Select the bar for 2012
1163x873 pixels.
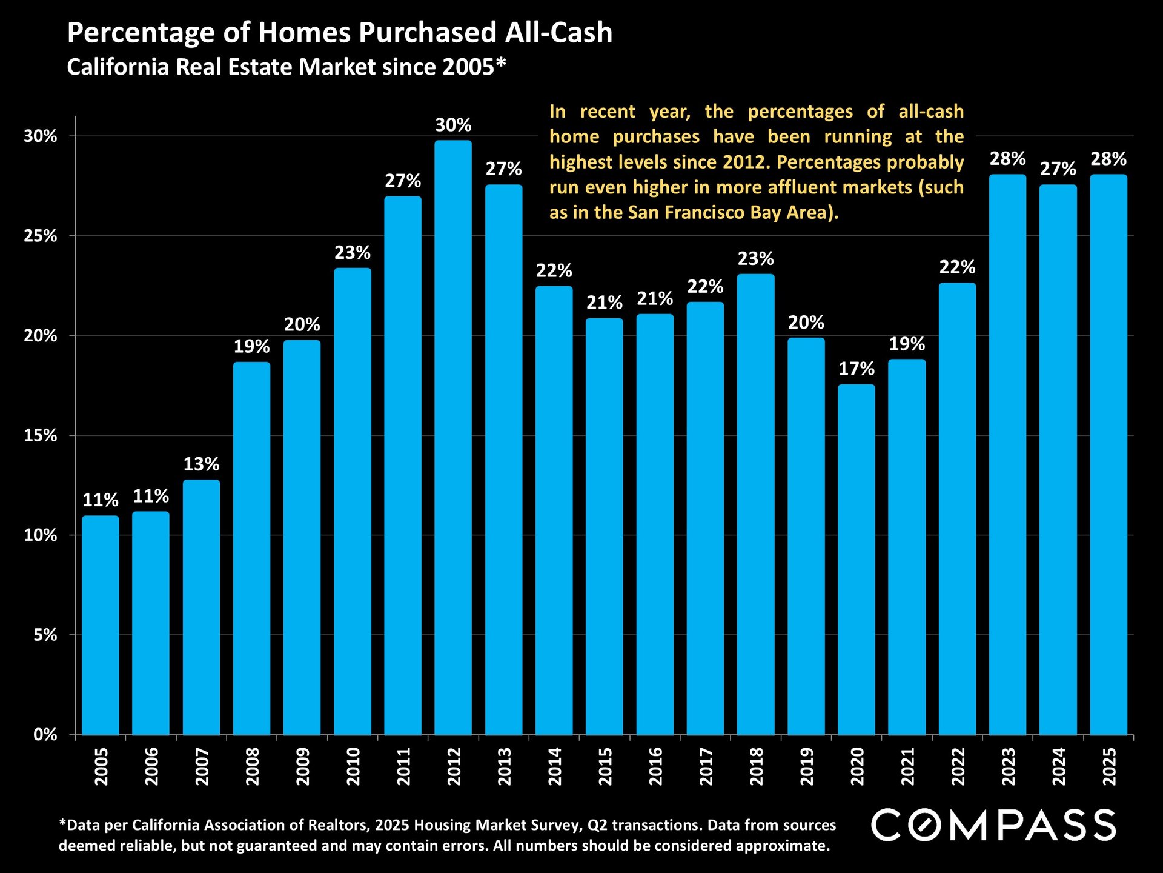[x=453, y=436]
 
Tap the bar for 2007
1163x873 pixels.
[x=201, y=606]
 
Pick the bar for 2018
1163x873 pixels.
[x=755, y=503]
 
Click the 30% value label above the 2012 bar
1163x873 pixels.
[x=453, y=125]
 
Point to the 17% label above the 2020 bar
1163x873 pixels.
[x=857, y=369]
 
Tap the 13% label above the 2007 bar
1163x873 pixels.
[x=201, y=464]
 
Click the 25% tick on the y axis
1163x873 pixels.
[x=41, y=236]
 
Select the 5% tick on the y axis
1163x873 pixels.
[x=45, y=635]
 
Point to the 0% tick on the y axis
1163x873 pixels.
[x=45, y=735]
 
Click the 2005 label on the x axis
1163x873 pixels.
[x=101, y=766]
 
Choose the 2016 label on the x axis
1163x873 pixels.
[x=655, y=766]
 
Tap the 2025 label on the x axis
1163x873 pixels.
[x=1108, y=766]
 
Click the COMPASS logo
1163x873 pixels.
[x=993, y=825]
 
